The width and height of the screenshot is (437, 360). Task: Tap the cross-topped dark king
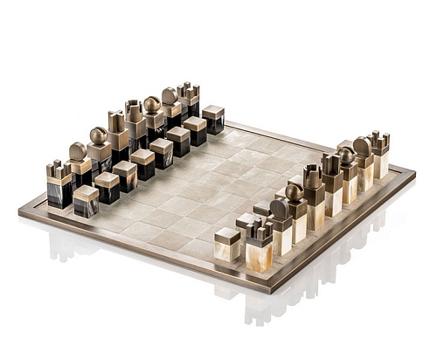(116, 131)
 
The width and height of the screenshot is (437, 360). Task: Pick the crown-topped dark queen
(134, 121)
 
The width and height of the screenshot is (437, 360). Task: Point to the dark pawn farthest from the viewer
(212, 119)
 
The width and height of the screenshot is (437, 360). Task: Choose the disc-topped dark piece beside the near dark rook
(78, 163)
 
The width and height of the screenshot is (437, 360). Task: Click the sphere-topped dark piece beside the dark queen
(152, 114)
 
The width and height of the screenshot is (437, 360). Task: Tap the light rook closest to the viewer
(260, 245)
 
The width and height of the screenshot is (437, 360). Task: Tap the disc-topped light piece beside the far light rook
(362, 158)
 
